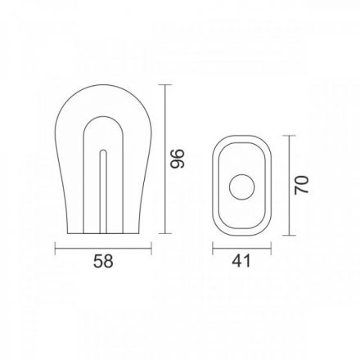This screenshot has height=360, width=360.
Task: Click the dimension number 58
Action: coord(103,261)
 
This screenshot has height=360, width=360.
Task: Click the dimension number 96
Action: coord(178,159)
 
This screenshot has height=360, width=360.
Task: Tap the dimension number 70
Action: coord(302,186)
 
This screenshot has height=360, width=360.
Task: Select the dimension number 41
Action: coord(241,261)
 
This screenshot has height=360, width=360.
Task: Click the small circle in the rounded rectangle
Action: coord(242,187)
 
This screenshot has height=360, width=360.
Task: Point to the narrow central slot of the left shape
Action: coord(103,191)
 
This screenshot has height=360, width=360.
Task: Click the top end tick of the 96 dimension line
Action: coord(165,85)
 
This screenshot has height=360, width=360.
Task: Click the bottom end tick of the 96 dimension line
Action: coord(165,233)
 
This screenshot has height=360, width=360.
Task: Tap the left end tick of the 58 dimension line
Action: coord(56,248)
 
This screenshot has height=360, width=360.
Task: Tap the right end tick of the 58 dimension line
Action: coord(151,248)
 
